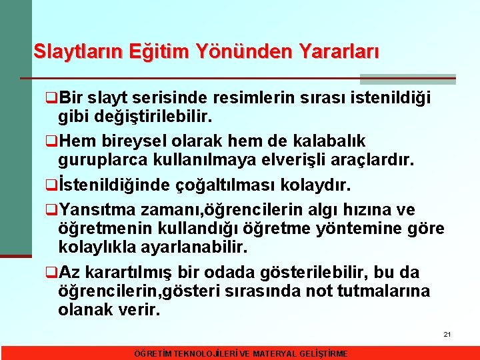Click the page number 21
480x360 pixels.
(447, 333)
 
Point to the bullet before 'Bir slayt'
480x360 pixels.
(51, 99)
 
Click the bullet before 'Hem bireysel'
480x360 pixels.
(51, 141)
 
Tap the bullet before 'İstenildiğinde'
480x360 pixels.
(51, 184)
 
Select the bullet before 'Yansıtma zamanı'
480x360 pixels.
(51, 211)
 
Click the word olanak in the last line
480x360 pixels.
(82, 310)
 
